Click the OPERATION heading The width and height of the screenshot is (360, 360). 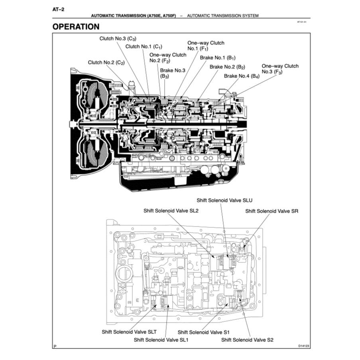pos(76,27)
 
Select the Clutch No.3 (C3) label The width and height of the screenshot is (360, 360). pos(118,39)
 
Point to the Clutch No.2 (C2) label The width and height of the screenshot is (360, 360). pos(106,63)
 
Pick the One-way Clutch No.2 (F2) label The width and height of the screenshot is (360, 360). pos(167,58)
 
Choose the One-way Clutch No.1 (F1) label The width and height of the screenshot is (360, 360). pos(206,45)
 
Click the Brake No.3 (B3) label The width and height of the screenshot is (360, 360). pos(173,73)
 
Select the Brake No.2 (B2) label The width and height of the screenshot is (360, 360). pos(227,67)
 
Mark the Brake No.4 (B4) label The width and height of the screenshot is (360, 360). pos(242,76)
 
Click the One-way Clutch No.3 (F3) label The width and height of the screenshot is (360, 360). pos(280,69)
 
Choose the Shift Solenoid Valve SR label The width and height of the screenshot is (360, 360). pos(271,211)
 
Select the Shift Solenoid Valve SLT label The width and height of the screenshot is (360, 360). pos(129,332)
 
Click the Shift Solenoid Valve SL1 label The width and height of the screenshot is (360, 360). pos(161,340)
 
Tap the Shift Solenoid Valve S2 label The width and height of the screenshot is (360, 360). pos(247,340)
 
